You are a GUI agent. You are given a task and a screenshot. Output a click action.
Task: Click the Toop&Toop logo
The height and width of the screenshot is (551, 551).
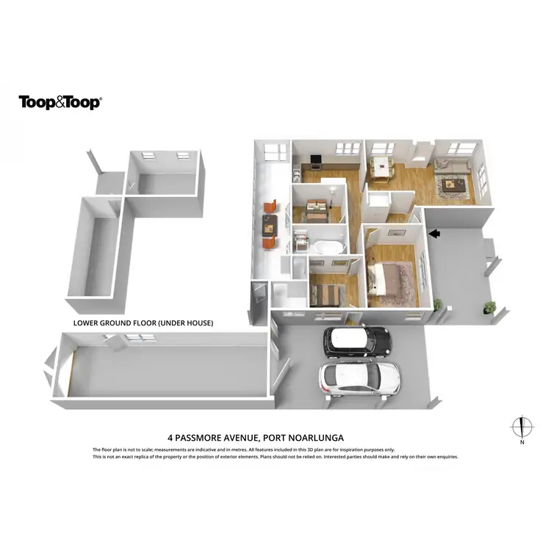click(x=60, y=102)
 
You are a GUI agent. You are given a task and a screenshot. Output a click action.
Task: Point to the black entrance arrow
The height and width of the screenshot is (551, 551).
click(x=434, y=234)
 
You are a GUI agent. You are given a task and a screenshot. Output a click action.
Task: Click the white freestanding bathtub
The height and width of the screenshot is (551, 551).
click(x=327, y=246)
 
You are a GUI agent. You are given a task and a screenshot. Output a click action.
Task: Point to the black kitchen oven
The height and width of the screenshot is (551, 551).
click(x=316, y=159)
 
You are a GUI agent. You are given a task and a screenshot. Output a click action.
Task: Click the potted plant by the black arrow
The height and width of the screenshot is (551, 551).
click(x=439, y=303)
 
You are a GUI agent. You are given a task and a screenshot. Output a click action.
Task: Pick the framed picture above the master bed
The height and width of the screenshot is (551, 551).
click(x=396, y=232)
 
